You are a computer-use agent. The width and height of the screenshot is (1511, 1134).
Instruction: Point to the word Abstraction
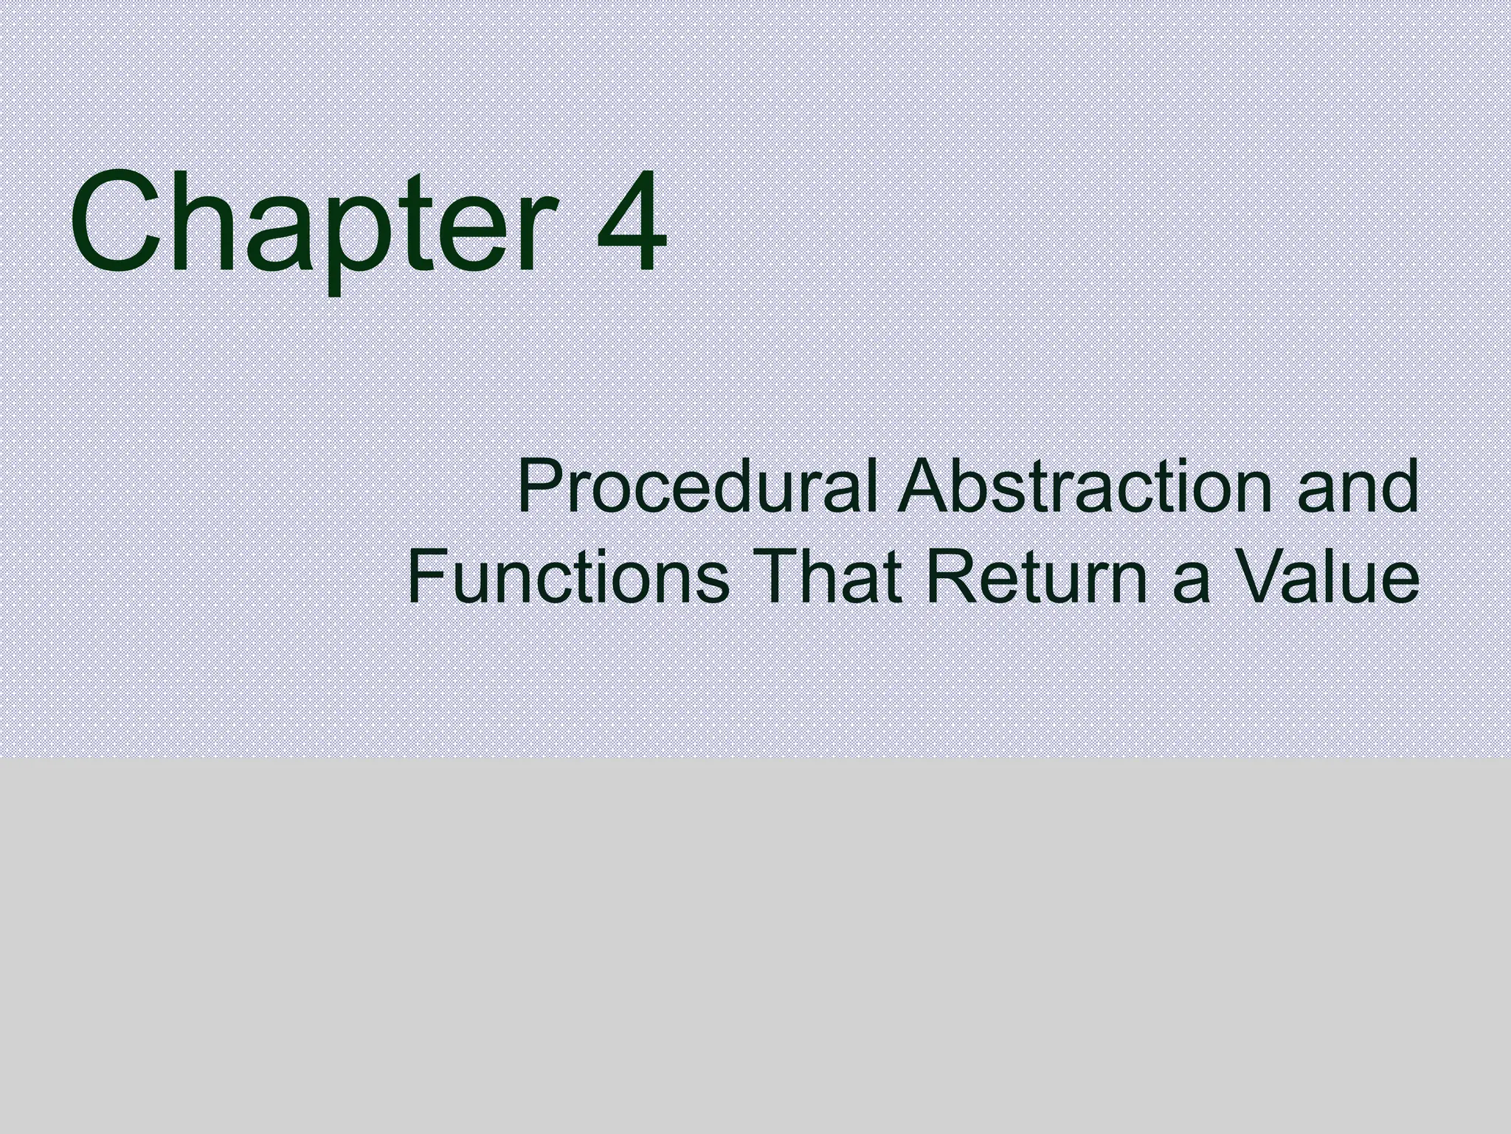coord(1085,487)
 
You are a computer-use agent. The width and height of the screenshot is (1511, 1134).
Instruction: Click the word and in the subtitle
coord(1358,487)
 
